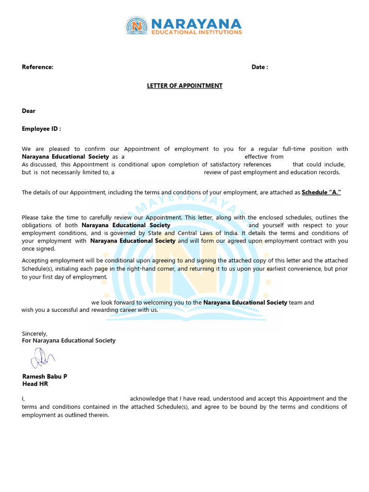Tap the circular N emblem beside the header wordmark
pos(137,26)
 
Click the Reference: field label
pos(37,67)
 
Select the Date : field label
pos(259,67)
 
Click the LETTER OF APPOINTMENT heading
pos(184,86)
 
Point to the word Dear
pos(29,111)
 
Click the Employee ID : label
pos(41,129)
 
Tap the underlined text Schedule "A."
pos(321,193)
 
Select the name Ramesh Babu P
pos(45,376)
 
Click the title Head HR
pos(35,384)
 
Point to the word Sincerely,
pos(35,333)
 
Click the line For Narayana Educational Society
pos(69,341)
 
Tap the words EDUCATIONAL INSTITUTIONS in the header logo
pos(197,33)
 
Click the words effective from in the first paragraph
pos(264,157)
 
